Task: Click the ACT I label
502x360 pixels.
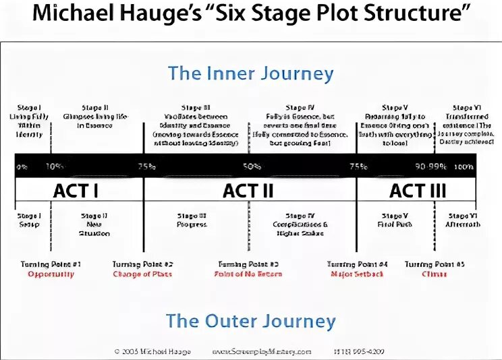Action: [76, 191]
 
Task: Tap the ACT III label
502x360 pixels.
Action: [418, 191]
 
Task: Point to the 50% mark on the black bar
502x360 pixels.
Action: [252, 167]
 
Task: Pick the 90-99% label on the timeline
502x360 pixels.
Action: [430, 167]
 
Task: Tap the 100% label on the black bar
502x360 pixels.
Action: [464, 167]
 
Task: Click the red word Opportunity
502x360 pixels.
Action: [51, 274]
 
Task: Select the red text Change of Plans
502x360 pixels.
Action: [143, 274]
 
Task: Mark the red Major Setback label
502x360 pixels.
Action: [357, 274]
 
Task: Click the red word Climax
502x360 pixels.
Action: [435, 274]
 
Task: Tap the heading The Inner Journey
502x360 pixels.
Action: [250, 73]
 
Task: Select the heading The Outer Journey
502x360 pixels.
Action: [250, 320]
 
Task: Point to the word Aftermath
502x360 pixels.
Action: [463, 224]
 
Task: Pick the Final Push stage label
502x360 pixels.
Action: [394, 224]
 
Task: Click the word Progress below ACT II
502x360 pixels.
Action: [192, 224]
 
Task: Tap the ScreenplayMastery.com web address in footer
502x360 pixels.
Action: [262, 351]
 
